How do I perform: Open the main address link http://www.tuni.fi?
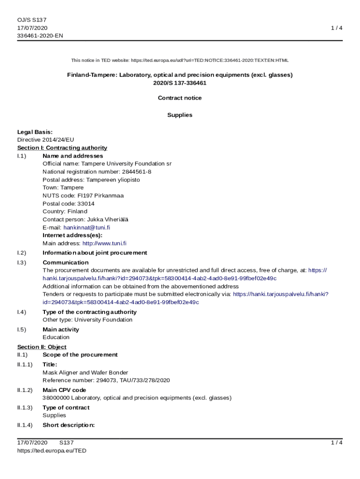[104, 243]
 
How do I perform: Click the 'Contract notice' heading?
[180, 98]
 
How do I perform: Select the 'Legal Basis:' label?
[35, 132]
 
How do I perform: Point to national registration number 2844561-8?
[134, 172]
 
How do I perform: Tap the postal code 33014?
[86, 203]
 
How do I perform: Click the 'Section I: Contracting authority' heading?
[62, 148]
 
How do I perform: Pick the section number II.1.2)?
[25, 390]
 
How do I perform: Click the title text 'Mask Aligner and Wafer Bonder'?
[85, 372]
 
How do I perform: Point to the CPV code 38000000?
[56, 398]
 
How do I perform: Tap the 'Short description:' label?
[68, 425]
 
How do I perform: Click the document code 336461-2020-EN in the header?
[40, 36]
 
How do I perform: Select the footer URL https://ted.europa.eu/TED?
[51, 450]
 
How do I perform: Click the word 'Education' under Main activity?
[56, 337]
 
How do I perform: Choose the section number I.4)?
[22, 312]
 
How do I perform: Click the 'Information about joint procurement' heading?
[94, 253]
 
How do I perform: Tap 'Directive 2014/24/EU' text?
[45, 140]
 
